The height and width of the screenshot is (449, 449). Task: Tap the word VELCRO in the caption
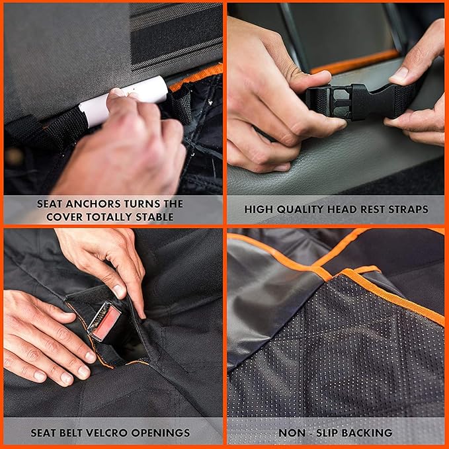(x=109, y=434)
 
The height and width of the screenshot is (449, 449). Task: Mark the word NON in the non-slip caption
(x=290, y=434)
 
